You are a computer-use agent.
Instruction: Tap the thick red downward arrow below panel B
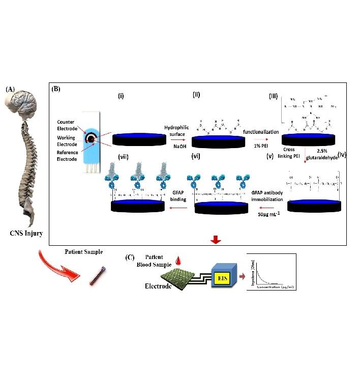pos(216,240)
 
